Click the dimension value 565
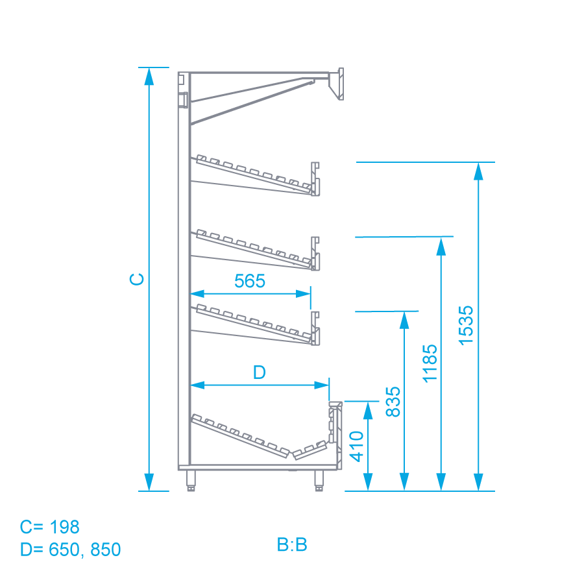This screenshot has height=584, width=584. point(250,281)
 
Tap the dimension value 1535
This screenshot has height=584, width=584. point(465,325)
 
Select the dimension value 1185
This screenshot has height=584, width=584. point(430,363)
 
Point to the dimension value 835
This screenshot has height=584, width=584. point(393,402)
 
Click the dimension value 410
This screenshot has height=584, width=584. point(356,446)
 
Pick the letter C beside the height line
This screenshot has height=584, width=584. point(137,279)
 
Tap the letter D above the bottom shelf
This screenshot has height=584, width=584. point(259,372)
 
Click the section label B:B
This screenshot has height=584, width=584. point(292,544)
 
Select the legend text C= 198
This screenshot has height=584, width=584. point(49,527)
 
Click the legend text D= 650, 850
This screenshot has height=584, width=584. point(70,550)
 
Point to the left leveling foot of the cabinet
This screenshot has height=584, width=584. point(191,480)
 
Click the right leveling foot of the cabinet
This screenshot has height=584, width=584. point(319,480)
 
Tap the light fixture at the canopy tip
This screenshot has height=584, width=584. point(336,84)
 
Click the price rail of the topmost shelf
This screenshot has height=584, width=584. point(315,179)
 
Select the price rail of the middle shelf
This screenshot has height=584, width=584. point(315,253)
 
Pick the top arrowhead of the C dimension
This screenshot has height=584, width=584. point(149,77)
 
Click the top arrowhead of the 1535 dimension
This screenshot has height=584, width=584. point(478,171)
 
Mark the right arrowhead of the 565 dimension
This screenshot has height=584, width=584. point(303,294)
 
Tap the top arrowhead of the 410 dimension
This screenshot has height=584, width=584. point(368,411)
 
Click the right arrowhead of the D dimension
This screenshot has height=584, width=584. point(321,385)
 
